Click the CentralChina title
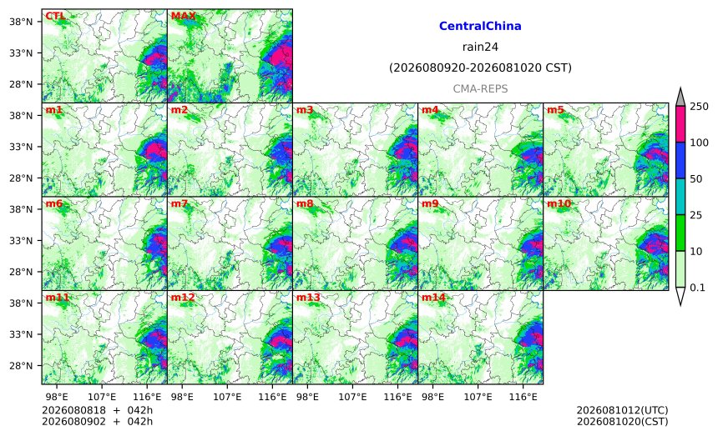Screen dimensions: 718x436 [x=480, y=26]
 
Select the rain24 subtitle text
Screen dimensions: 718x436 [x=480, y=47]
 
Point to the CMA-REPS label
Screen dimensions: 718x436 [x=480, y=88]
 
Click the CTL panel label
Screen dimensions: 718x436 [x=55, y=16]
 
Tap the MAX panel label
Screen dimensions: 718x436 [x=183, y=16]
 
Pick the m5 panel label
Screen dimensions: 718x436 [x=555, y=110]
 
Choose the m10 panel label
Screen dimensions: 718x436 [x=559, y=203]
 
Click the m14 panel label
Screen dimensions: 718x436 [x=433, y=298]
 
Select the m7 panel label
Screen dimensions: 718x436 [x=179, y=203]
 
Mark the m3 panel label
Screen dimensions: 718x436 [x=305, y=110]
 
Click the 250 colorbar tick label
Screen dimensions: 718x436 [x=700, y=107]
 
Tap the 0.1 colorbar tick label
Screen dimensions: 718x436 [x=697, y=288]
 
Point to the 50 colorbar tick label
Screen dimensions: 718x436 [x=696, y=178]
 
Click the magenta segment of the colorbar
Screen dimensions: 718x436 [x=680, y=124]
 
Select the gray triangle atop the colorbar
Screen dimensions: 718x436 [x=680, y=98]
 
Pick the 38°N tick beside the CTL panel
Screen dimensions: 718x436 [x=21, y=22]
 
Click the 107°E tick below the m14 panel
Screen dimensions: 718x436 [x=478, y=397]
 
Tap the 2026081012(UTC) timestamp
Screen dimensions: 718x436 [x=622, y=410]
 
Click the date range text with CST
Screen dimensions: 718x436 [x=480, y=68]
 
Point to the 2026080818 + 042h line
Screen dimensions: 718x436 [x=97, y=410]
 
